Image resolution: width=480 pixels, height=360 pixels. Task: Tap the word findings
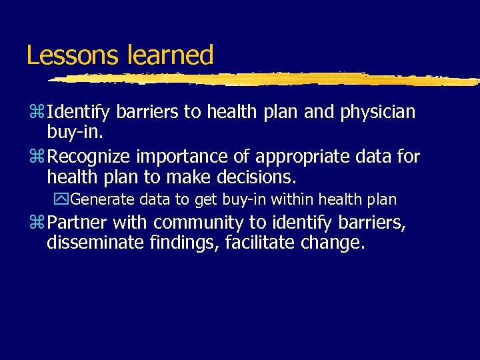click(x=184, y=243)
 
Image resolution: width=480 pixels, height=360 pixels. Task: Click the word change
click(x=336, y=243)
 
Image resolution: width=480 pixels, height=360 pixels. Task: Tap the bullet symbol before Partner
click(x=35, y=223)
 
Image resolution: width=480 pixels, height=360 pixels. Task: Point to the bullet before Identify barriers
click(x=35, y=113)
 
